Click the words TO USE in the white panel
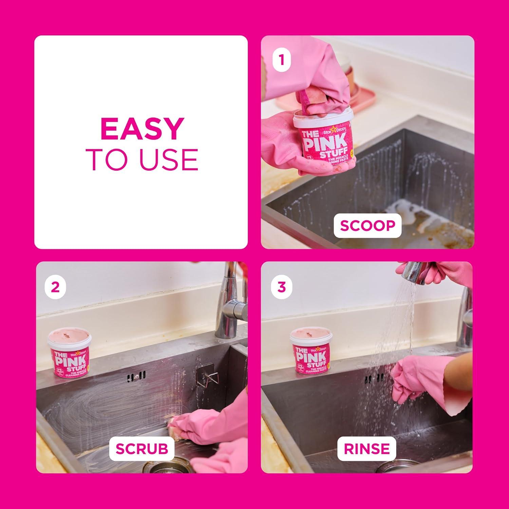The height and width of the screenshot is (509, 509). click(x=142, y=159)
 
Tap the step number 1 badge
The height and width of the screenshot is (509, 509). click(x=281, y=60)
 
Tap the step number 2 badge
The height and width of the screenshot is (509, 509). click(x=55, y=287)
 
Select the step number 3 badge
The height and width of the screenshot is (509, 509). click(x=281, y=287)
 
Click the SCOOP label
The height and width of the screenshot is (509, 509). click(x=367, y=225)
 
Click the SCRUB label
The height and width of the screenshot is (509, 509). click(x=142, y=449)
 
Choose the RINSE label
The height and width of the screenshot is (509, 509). click(x=367, y=449)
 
